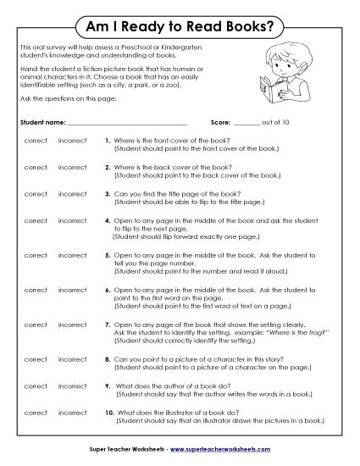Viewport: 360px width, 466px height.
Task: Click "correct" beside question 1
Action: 36,139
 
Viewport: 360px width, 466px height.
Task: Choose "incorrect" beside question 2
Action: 72,166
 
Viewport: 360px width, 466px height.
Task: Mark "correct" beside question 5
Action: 36,253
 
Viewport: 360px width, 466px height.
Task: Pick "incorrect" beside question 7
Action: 72,324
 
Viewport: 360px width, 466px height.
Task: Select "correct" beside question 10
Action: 36,413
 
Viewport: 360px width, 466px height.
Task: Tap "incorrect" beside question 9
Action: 72,386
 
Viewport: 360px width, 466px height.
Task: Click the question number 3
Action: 108,194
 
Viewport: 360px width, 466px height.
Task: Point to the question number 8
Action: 108,359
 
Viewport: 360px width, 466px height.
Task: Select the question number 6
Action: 108,288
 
